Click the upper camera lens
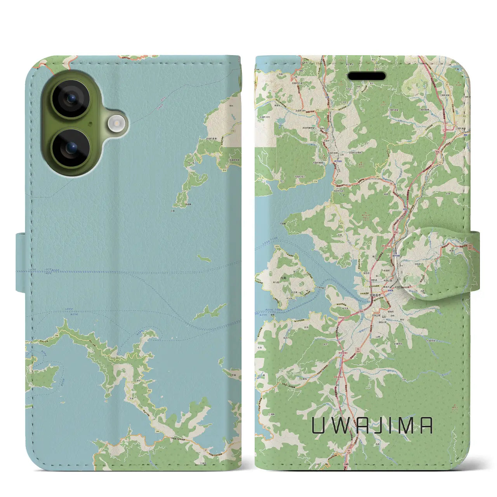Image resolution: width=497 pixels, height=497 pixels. point(71,99)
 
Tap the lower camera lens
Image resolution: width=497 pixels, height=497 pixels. point(71,148)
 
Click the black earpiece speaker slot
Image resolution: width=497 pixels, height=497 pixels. point(367,76)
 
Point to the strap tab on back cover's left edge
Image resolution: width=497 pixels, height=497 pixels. point(21,262)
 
